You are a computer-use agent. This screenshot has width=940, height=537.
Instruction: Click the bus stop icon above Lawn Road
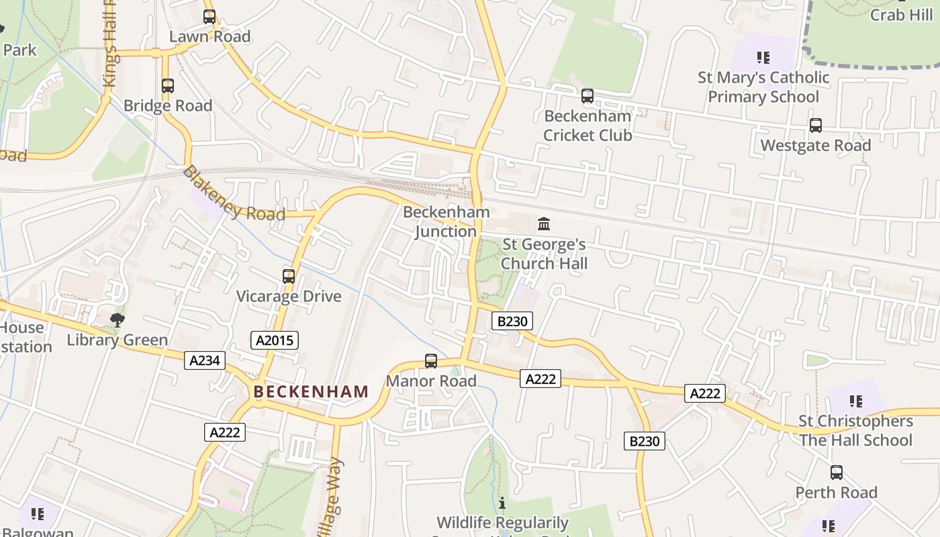tap(209, 17)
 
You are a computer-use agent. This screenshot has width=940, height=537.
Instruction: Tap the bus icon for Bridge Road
tap(168, 86)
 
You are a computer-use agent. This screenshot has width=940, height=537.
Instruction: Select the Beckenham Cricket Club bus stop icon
tap(587, 96)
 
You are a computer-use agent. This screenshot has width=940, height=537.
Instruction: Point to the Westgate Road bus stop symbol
tap(816, 126)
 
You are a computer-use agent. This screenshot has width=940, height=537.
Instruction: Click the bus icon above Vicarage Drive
tap(289, 276)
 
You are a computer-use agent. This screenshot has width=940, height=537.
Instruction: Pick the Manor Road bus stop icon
tap(431, 361)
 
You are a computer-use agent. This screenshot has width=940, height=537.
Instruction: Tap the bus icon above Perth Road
tap(837, 473)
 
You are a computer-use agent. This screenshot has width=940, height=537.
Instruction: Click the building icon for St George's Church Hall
tap(544, 224)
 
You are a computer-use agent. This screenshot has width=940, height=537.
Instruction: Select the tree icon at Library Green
tap(117, 320)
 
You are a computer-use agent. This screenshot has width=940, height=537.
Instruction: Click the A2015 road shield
tap(274, 340)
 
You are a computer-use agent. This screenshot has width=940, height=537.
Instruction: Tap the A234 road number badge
tap(205, 360)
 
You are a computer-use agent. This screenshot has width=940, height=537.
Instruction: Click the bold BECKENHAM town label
tap(311, 391)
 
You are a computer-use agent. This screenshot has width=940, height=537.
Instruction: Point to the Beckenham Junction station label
tap(446, 222)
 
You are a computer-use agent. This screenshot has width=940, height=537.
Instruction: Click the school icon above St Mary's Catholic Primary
tap(763, 58)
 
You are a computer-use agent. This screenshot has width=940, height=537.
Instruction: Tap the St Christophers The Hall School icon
tap(855, 401)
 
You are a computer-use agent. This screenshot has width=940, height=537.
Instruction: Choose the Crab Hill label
tap(901, 14)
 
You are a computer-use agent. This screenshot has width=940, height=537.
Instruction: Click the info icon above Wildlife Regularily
tap(502, 503)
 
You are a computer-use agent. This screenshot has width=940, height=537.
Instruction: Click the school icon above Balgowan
tap(38, 514)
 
